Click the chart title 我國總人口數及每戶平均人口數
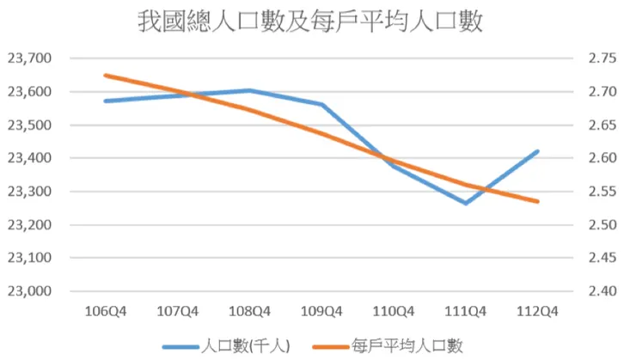coord(310,21)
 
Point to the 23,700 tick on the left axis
coord(29,58)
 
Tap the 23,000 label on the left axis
coord(29,291)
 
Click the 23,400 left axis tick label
coord(29,158)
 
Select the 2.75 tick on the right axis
coord(603,58)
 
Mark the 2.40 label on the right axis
coord(603,291)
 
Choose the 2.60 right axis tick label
coord(603,158)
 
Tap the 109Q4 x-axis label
coord(322,311)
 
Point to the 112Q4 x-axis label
coord(538,311)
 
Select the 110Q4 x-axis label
coord(394,311)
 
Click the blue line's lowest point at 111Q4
coord(466,204)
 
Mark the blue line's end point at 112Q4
coord(538,151)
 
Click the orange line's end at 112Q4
coord(538,202)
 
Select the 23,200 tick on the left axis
coord(29,225)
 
